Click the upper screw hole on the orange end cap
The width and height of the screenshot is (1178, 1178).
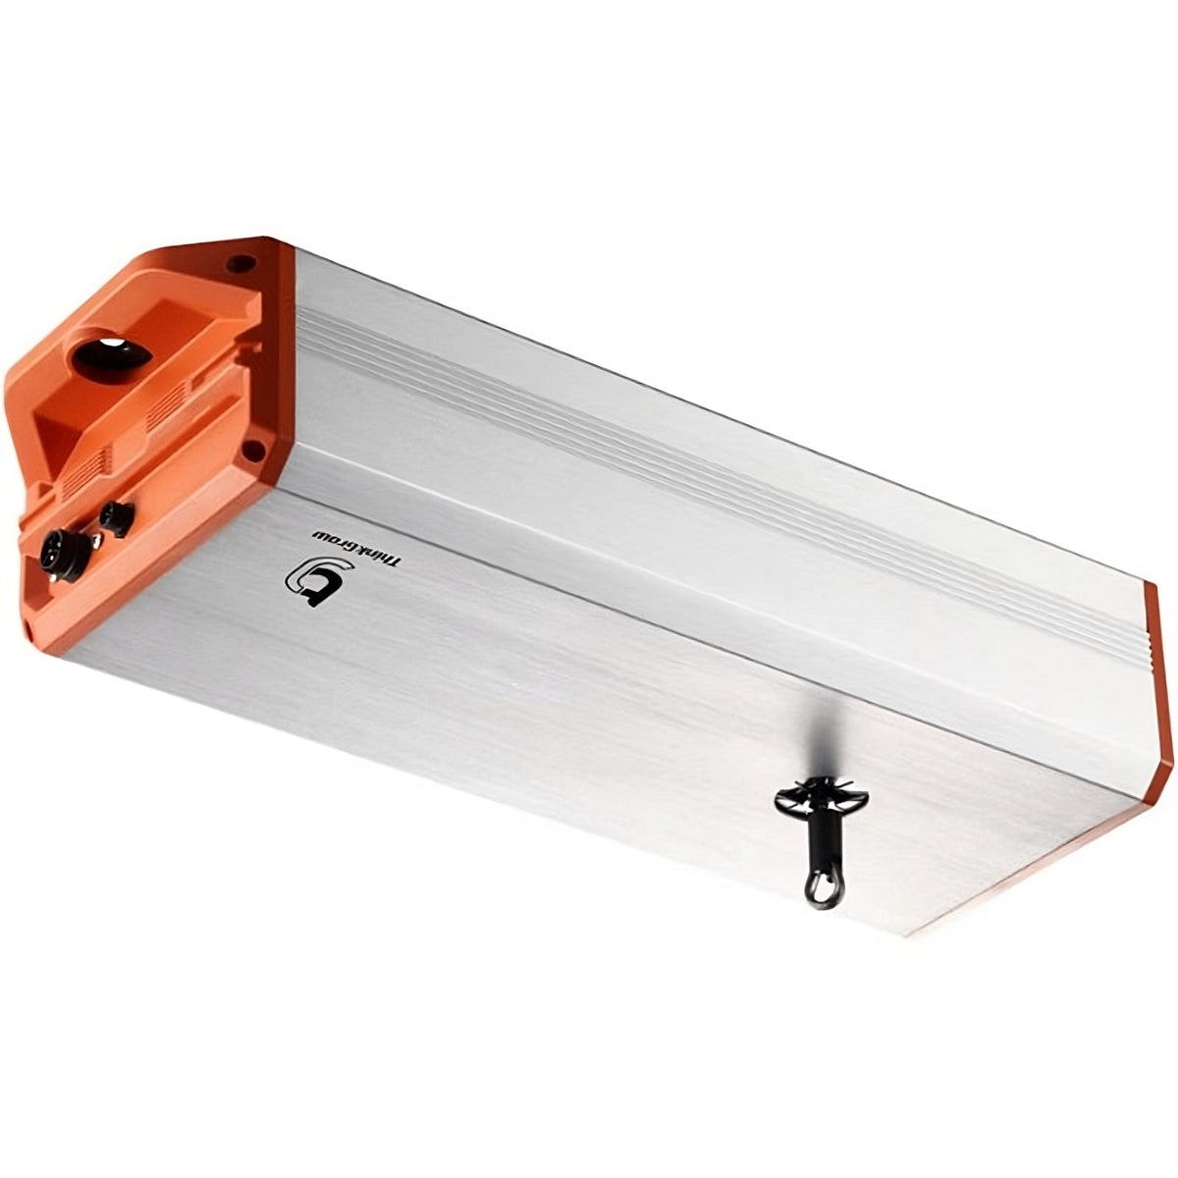click(237, 263)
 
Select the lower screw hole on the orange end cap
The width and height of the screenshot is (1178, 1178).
click(251, 449)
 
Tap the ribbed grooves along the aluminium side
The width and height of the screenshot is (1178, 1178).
click(687, 461)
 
